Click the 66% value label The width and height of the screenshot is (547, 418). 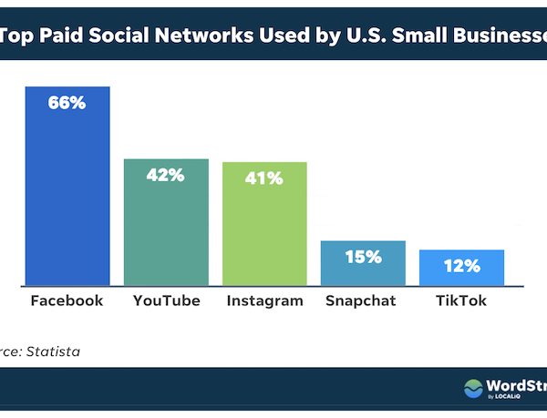67,103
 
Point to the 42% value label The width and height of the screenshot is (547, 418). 166,174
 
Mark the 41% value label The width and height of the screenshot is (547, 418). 264,178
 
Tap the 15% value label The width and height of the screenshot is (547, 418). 363,257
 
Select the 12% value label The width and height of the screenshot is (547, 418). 461,266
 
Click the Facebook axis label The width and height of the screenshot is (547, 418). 67,301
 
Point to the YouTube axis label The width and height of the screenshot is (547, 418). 166,301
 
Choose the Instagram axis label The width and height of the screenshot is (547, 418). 264,301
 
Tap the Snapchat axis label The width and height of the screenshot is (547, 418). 363,301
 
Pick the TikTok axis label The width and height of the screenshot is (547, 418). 461,301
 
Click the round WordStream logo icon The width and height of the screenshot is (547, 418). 474,389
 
